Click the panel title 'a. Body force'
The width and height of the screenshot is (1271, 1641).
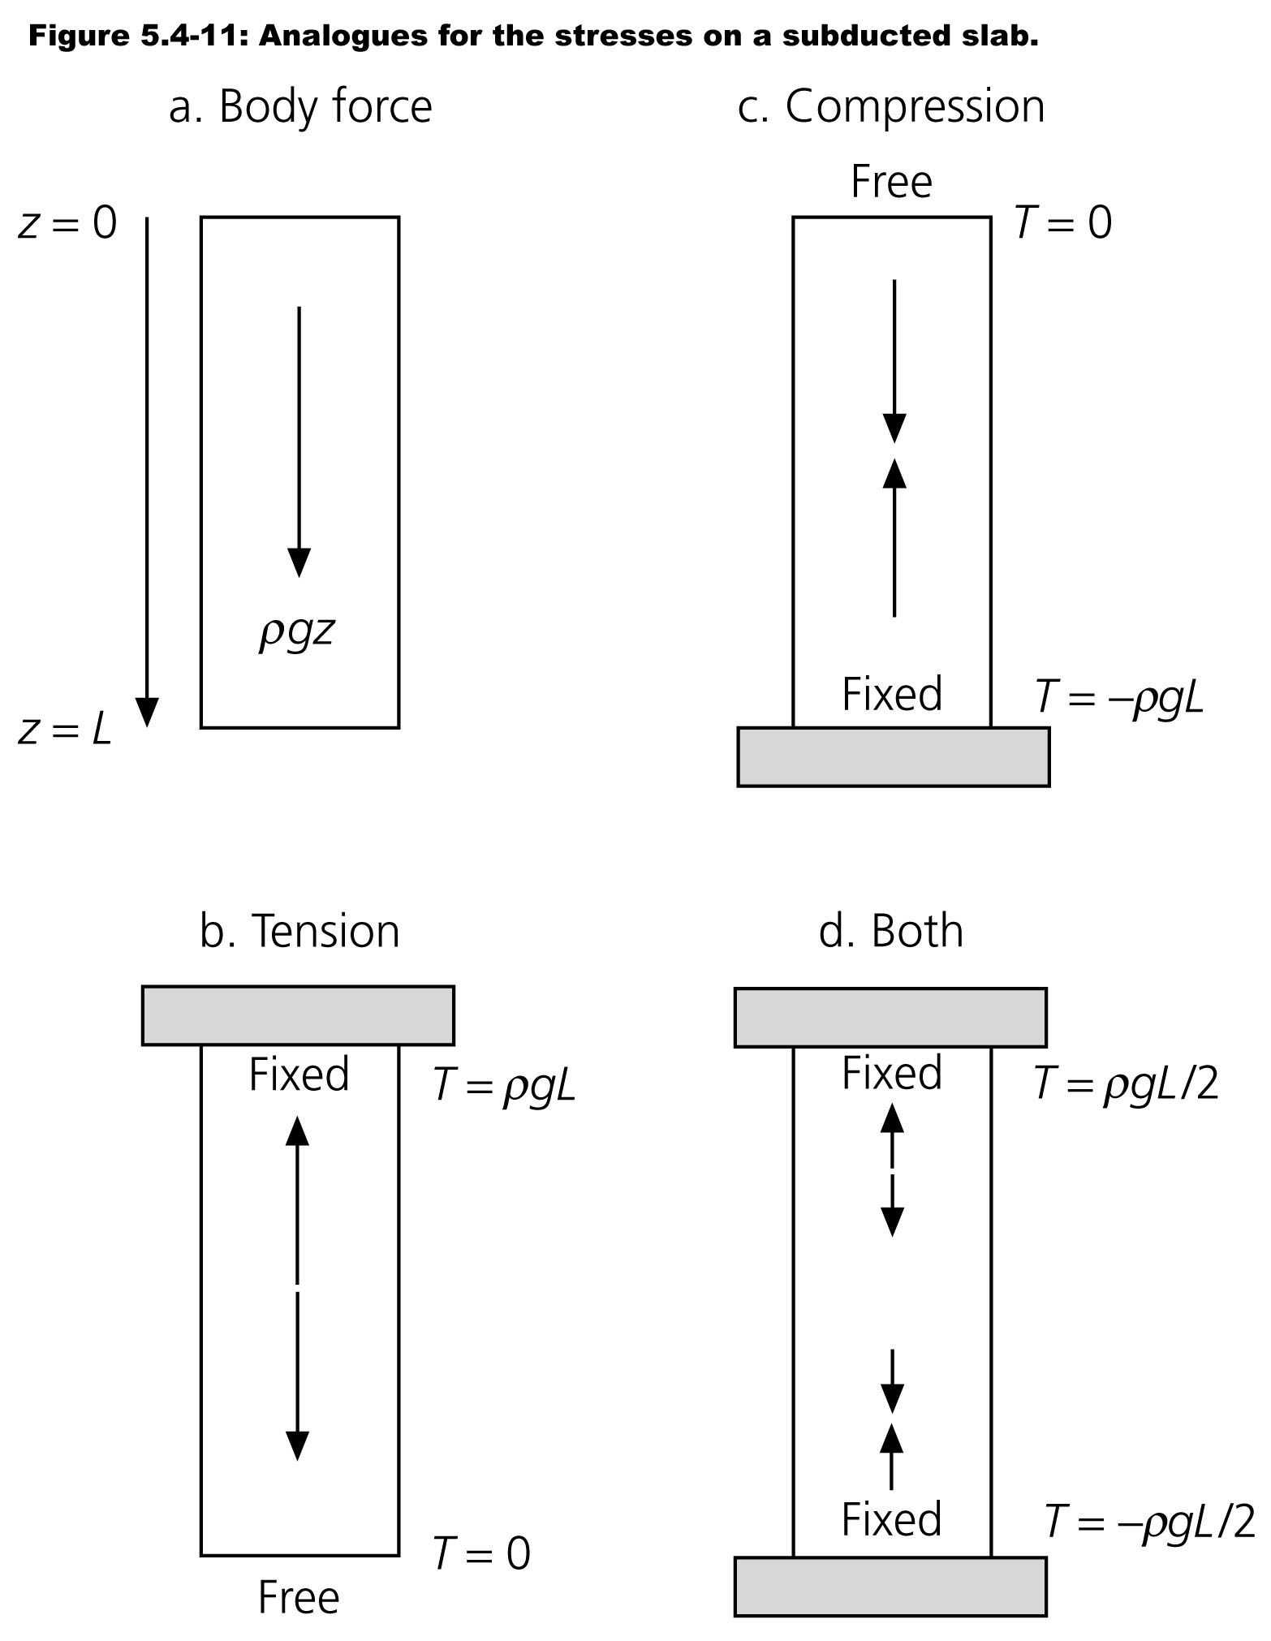tap(300, 106)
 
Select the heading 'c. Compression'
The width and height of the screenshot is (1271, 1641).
tap(890, 106)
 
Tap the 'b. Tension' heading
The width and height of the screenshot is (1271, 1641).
tap(299, 931)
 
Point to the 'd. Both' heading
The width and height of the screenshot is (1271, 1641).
tap(890, 931)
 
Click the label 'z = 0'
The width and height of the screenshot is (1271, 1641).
tap(67, 223)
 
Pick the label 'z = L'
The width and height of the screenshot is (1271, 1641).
tap(65, 731)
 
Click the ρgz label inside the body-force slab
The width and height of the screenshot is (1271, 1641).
tap(297, 631)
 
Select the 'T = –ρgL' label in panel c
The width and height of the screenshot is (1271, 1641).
tap(1119, 696)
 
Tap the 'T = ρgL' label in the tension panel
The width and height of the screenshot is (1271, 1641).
tap(504, 1084)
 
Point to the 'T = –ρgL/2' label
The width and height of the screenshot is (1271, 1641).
tap(1148, 1521)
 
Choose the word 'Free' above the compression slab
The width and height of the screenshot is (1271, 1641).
tap(891, 182)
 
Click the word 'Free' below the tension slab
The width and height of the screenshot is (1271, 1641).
tap(299, 1599)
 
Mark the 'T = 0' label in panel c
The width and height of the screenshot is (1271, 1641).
tap(1063, 222)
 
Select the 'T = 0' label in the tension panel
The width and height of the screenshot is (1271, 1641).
tap(481, 1553)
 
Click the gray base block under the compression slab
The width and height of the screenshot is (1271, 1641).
tap(893, 757)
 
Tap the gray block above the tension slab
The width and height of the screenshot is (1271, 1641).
tap(298, 1015)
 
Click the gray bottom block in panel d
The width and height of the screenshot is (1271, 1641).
tap(890, 1587)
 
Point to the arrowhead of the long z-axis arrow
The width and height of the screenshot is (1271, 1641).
tap(147, 712)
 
